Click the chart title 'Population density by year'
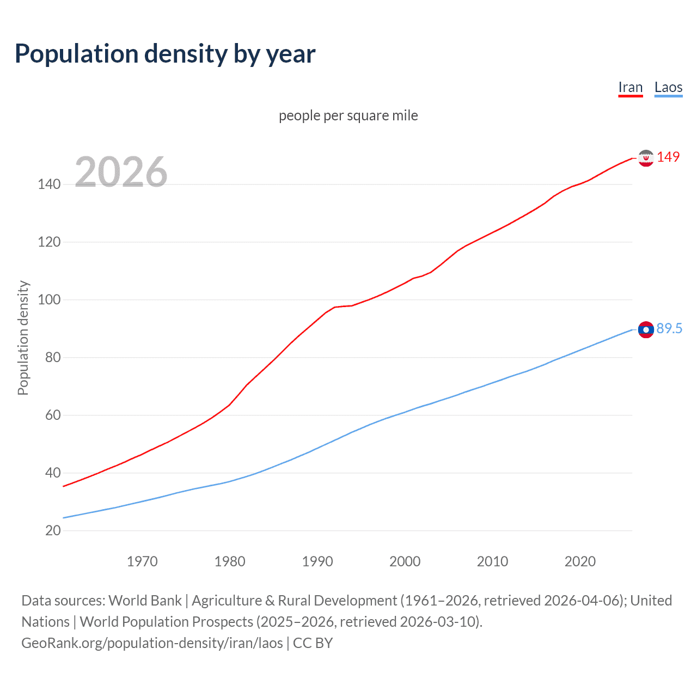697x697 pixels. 165,54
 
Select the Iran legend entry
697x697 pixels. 631,88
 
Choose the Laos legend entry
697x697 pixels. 668,88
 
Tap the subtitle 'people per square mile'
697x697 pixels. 348,115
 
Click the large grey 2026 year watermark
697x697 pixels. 121,172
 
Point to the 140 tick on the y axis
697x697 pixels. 49,185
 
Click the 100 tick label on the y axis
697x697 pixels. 49,300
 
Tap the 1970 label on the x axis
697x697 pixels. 142,561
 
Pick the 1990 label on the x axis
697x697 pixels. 317,561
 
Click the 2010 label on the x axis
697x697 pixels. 492,561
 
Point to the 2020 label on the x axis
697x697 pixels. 580,561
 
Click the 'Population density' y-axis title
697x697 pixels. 23,338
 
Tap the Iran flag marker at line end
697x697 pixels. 646,158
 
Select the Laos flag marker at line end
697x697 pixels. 646,329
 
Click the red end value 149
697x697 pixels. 668,157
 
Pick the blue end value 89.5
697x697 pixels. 669,328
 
